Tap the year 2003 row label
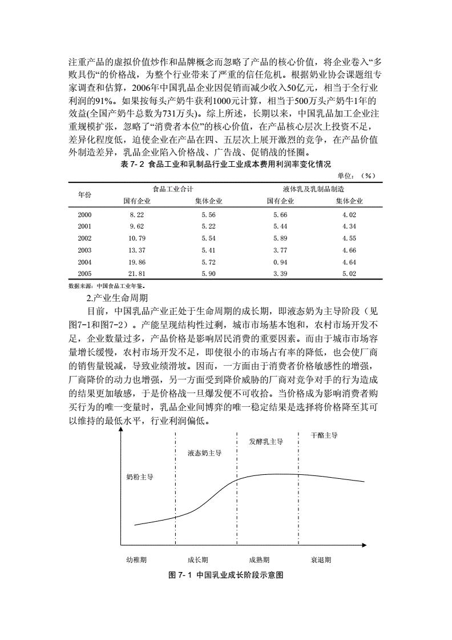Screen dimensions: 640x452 pyautogui.click(x=84, y=250)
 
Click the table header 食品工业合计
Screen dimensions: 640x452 pyautogui.click(x=172, y=189)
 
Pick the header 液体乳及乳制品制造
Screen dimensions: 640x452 pyautogui.click(x=315, y=189)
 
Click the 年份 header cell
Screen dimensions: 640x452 pyautogui.click(x=84, y=195)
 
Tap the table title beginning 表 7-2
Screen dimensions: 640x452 pyautogui.click(x=226, y=164)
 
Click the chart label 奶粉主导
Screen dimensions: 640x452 pyautogui.click(x=140, y=477)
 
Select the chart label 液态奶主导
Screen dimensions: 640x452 pyautogui.click(x=205, y=453)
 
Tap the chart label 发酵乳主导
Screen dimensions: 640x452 pyautogui.click(x=267, y=442)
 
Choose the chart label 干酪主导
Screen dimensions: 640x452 pyautogui.click(x=324, y=435)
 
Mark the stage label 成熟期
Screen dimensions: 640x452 pyautogui.click(x=259, y=561)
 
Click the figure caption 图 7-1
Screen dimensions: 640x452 pyautogui.click(x=226, y=575)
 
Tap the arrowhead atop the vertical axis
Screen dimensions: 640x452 pyautogui.click(x=121, y=430)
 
